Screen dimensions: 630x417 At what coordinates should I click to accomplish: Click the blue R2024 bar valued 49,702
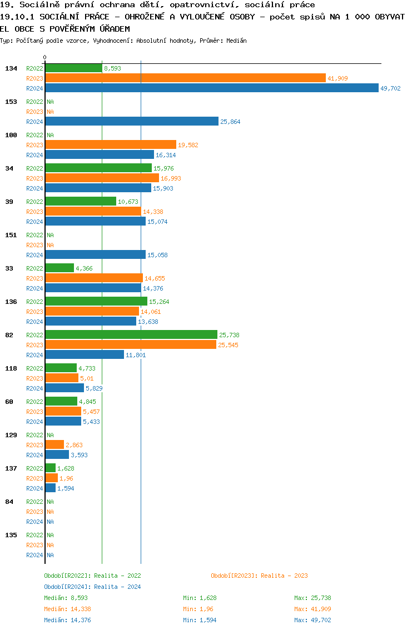click(211, 88)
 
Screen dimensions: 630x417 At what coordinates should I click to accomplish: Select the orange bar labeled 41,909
click(185, 78)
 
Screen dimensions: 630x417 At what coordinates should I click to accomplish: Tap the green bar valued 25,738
click(131, 334)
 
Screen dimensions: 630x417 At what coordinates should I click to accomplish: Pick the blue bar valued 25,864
click(132, 121)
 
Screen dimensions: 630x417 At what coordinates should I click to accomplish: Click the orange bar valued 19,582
click(111, 144)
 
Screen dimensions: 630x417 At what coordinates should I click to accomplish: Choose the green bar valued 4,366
click(59, 268)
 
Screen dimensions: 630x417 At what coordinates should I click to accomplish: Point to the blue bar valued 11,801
click(85, 354)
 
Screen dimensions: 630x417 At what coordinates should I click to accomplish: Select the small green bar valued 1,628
click(50, 468)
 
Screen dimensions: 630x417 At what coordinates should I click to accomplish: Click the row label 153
click(11, 102)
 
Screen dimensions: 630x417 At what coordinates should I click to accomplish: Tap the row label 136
click(11, 302)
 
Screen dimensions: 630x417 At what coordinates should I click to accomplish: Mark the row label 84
click(9, 502)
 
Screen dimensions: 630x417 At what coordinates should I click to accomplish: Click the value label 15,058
click(157, 255)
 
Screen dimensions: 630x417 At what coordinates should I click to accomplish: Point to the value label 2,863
click(74, 445)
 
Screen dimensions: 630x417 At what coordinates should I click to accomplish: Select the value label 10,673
click(128, 202)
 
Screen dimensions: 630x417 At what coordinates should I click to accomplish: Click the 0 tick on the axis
click(45, 57)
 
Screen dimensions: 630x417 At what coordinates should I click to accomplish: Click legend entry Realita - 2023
click(259, 576)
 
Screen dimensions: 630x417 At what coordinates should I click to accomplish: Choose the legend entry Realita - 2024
click(92, 587)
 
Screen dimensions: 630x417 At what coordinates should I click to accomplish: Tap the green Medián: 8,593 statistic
click(66, 598)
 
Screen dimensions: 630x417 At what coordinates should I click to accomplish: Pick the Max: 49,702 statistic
click(312, 620)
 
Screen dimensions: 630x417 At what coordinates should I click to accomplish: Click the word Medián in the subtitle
click(237, 41)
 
